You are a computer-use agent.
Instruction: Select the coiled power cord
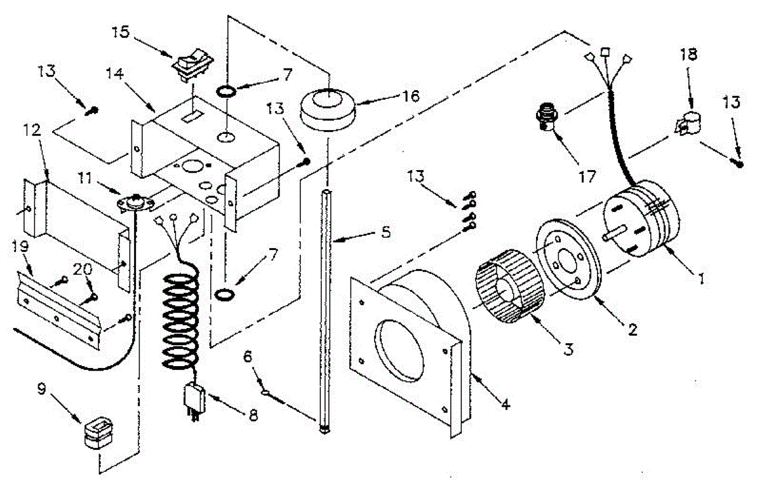coord(182,324)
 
